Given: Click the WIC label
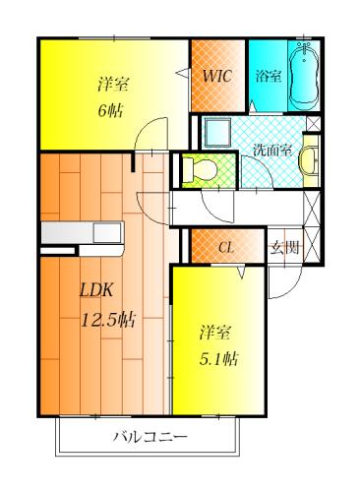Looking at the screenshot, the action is [x=217, y=77].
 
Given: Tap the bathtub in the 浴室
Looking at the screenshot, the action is [x=304, y=75].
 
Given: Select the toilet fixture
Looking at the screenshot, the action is [x=200, y=170].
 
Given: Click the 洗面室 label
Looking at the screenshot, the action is [x=272, y=151].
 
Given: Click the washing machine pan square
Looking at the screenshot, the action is [x=218, y=132].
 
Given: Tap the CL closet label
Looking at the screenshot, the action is [x=226, y=248].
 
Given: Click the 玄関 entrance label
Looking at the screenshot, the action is [x=284, y=248].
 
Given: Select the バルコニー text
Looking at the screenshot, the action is [x=150, y=437].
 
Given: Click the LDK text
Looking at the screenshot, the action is [x=96, y=290].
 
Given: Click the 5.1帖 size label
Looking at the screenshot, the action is [x=219, y=359].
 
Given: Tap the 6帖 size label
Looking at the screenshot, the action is [x=110, y=110].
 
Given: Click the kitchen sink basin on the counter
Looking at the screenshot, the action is [x=107, y=233].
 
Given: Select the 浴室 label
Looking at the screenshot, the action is [x=269, y=77].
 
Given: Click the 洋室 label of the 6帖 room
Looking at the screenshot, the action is [x=112, y=84].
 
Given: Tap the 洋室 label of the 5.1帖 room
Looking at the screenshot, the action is [x=215, y=333].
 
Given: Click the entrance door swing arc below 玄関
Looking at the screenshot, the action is [x=291, y=289].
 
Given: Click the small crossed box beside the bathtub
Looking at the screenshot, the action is [x=313, y=124].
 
